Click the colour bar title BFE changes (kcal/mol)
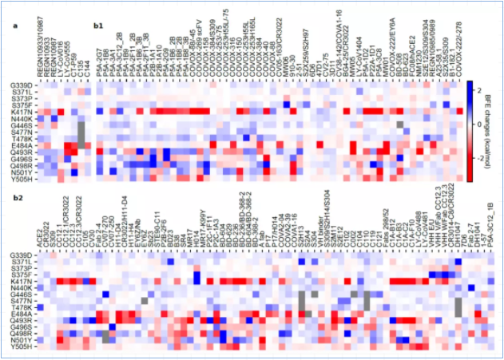coord(491,126)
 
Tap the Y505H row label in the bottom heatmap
coord(22,346)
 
